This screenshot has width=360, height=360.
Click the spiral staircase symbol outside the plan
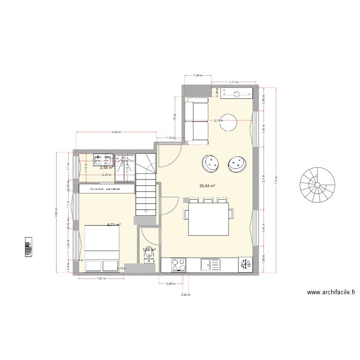(317, 184)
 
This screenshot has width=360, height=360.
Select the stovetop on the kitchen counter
(179, 264)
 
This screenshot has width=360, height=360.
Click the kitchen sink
(211, 264)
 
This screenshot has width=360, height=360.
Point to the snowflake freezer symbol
(245, 264)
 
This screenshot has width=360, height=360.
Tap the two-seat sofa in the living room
(197, 121)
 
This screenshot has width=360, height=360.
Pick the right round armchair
(236, 164)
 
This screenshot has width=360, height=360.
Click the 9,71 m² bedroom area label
(113, 224)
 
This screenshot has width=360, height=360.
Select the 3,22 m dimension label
(116, 131)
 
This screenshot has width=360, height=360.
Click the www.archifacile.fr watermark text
(331, 292)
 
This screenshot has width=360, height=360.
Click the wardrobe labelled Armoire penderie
(106, 189)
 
